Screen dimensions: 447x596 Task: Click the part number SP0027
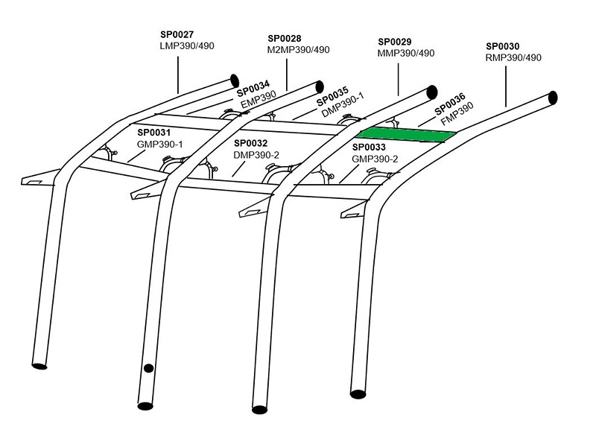[177, 34]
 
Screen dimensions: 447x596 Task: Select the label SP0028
[285, 38]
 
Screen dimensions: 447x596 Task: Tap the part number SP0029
[396, 42]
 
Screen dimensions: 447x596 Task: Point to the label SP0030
[503, 45]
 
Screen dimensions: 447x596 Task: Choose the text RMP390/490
[514, 57]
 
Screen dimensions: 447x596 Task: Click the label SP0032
[251, 142]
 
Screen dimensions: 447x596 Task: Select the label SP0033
[369, 148]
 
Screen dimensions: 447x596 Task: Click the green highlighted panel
[407, 134]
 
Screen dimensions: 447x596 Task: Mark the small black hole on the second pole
[148, 367]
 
